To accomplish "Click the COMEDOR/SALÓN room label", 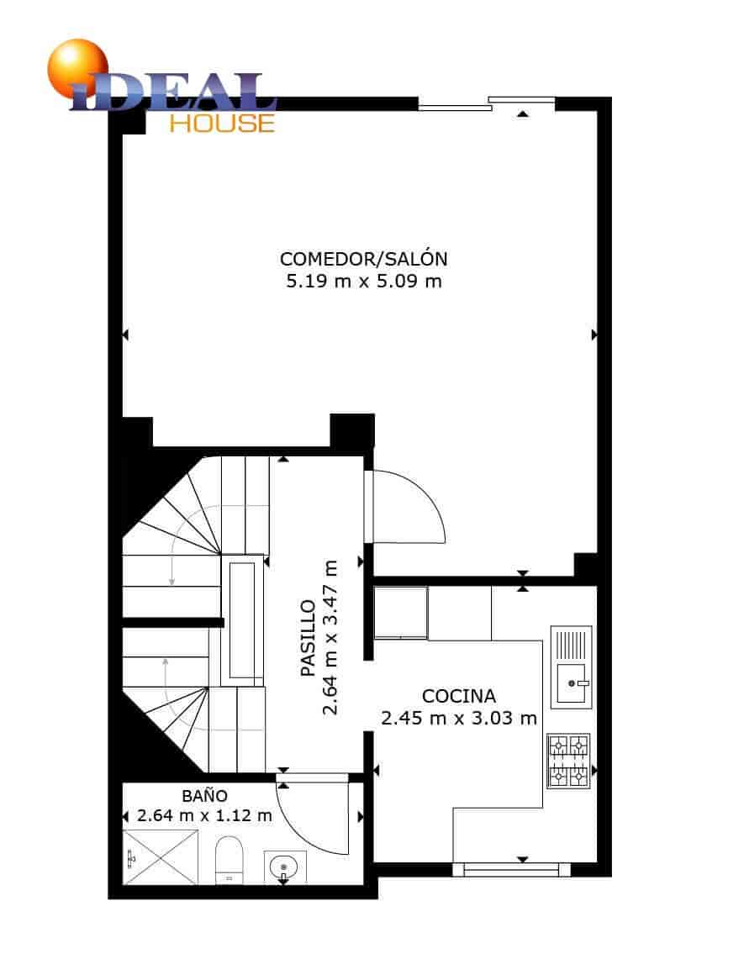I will (363, 258).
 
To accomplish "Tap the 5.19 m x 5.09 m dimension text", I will (363, 281).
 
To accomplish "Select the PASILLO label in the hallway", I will (309, 639).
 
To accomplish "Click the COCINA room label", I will (458, 696).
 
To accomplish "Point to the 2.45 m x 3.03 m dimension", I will (458, 718).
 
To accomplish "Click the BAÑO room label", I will (205, 794).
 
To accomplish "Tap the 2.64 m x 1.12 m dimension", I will (205, 815).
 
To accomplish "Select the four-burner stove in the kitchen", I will (569, 761).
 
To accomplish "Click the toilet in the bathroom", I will (229, 859).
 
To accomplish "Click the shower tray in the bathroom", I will (161, 856).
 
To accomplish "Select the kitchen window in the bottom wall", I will (511, 870).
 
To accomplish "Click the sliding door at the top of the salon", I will (487, 103).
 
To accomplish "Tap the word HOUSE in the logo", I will (222, 123).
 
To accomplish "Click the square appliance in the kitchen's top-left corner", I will (401, 613).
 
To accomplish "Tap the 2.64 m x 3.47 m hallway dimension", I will (330, 639).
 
